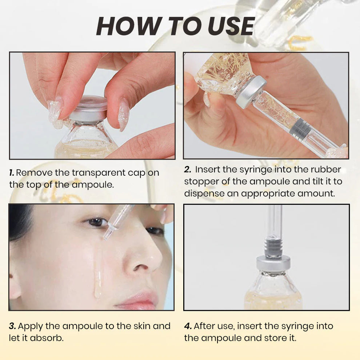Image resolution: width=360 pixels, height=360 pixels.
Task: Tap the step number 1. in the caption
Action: point(12,173)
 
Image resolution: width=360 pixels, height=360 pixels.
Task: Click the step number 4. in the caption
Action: point(187,326)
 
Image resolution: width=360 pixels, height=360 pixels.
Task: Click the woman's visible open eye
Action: point(96,222)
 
